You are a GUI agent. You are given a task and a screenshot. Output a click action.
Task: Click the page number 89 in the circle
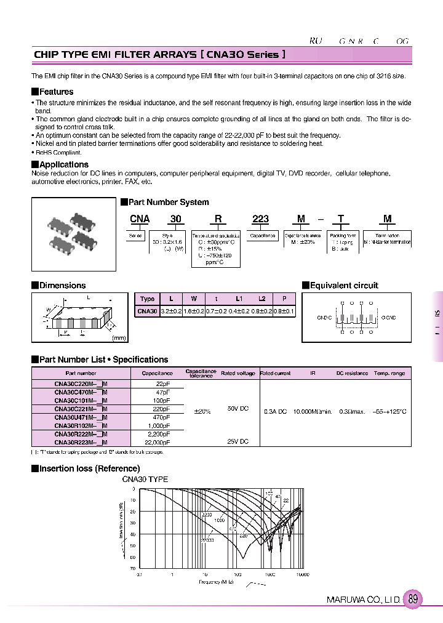point(413,599)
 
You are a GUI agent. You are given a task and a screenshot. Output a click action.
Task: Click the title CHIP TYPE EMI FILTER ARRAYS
point(114,55)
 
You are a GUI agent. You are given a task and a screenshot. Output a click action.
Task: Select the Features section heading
point(56,92)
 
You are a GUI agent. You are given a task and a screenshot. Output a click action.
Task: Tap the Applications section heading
point(63,164)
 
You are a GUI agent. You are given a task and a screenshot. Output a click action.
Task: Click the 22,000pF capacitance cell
point(157,442)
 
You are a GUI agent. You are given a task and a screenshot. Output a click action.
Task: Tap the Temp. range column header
point(389,373)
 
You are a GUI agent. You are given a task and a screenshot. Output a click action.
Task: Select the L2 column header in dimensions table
point(261,299)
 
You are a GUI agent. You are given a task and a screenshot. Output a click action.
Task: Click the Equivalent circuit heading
point(344,285)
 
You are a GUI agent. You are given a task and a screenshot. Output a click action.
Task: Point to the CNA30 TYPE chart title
point(145,479)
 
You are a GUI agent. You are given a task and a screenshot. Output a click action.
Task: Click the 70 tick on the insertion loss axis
point(132,569)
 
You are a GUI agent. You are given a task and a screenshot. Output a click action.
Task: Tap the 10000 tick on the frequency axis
point(302,574)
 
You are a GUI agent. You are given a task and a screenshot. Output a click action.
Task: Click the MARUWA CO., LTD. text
point(363,600)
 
